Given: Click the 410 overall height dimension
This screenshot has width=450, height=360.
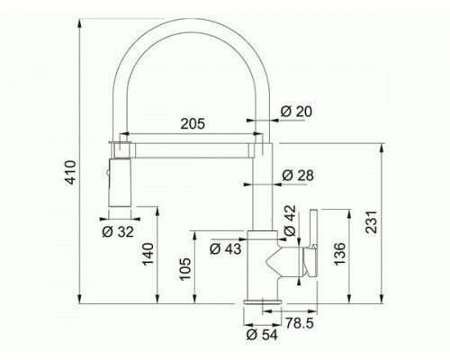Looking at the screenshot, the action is [x=71, y=173].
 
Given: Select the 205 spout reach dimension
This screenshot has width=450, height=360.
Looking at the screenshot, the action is [x=193, y=123].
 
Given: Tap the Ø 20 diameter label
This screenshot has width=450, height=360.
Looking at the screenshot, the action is [x=296, y=112].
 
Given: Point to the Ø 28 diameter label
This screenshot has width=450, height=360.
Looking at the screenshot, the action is [x=298, y=175].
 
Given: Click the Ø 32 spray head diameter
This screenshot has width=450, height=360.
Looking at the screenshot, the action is [x=118, y=232].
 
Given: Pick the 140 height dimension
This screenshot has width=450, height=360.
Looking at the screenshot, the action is [x=148, y=255].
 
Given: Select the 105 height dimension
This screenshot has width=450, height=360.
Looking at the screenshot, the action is [x=185, y=269].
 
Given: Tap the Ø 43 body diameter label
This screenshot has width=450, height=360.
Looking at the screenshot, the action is [x=225, y=248].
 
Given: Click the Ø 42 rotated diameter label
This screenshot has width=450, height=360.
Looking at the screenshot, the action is [x=290, y=220].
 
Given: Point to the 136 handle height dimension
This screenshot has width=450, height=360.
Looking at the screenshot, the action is [x=339, y=254].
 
